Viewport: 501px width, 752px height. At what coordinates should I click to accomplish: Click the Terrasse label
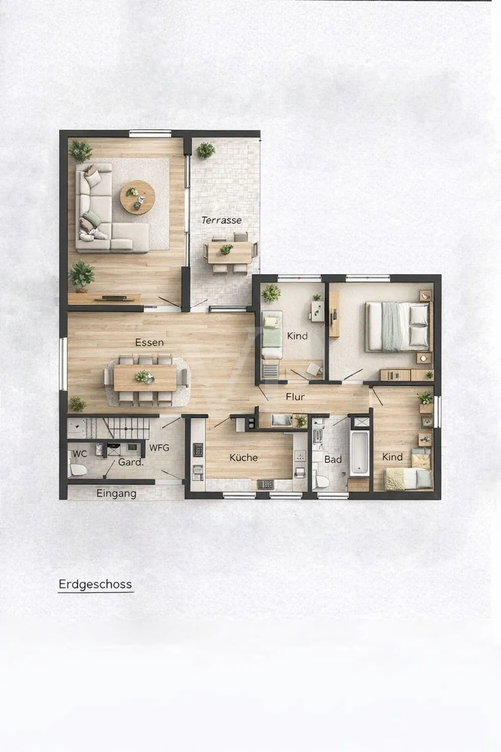click(221, 220)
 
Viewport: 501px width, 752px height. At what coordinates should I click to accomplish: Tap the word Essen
click(149, 342)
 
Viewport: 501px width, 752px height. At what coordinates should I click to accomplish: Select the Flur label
click(295, 397)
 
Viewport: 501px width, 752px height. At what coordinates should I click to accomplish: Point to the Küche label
click(243, 458)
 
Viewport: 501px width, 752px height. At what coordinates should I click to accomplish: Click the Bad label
click(333, 459)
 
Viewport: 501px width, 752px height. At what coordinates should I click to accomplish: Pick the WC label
click(80, 454)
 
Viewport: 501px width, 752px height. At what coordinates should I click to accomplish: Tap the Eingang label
click(116, 493)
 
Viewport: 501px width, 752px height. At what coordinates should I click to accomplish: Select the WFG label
click(159, 448)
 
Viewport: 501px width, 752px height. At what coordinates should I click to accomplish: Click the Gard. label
click(131, 462)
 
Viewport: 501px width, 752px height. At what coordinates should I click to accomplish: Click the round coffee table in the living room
click(138, 197)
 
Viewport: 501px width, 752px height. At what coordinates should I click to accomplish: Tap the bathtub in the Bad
click(359, 453)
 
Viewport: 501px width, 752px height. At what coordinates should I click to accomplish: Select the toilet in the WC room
click(78, 469)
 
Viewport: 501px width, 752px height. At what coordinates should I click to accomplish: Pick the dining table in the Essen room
click(145, 378)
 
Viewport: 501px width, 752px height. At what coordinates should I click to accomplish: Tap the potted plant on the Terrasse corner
click(205, 150)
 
